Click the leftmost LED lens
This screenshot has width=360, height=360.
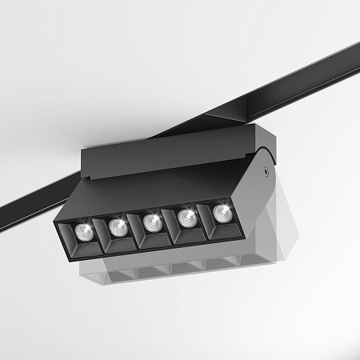point(82,232)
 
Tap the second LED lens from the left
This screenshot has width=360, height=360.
point(117,226)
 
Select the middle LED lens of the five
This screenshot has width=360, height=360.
point(152,222)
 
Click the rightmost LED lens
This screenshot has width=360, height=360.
point(220,212)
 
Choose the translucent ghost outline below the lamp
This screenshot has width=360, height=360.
point(160,272)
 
